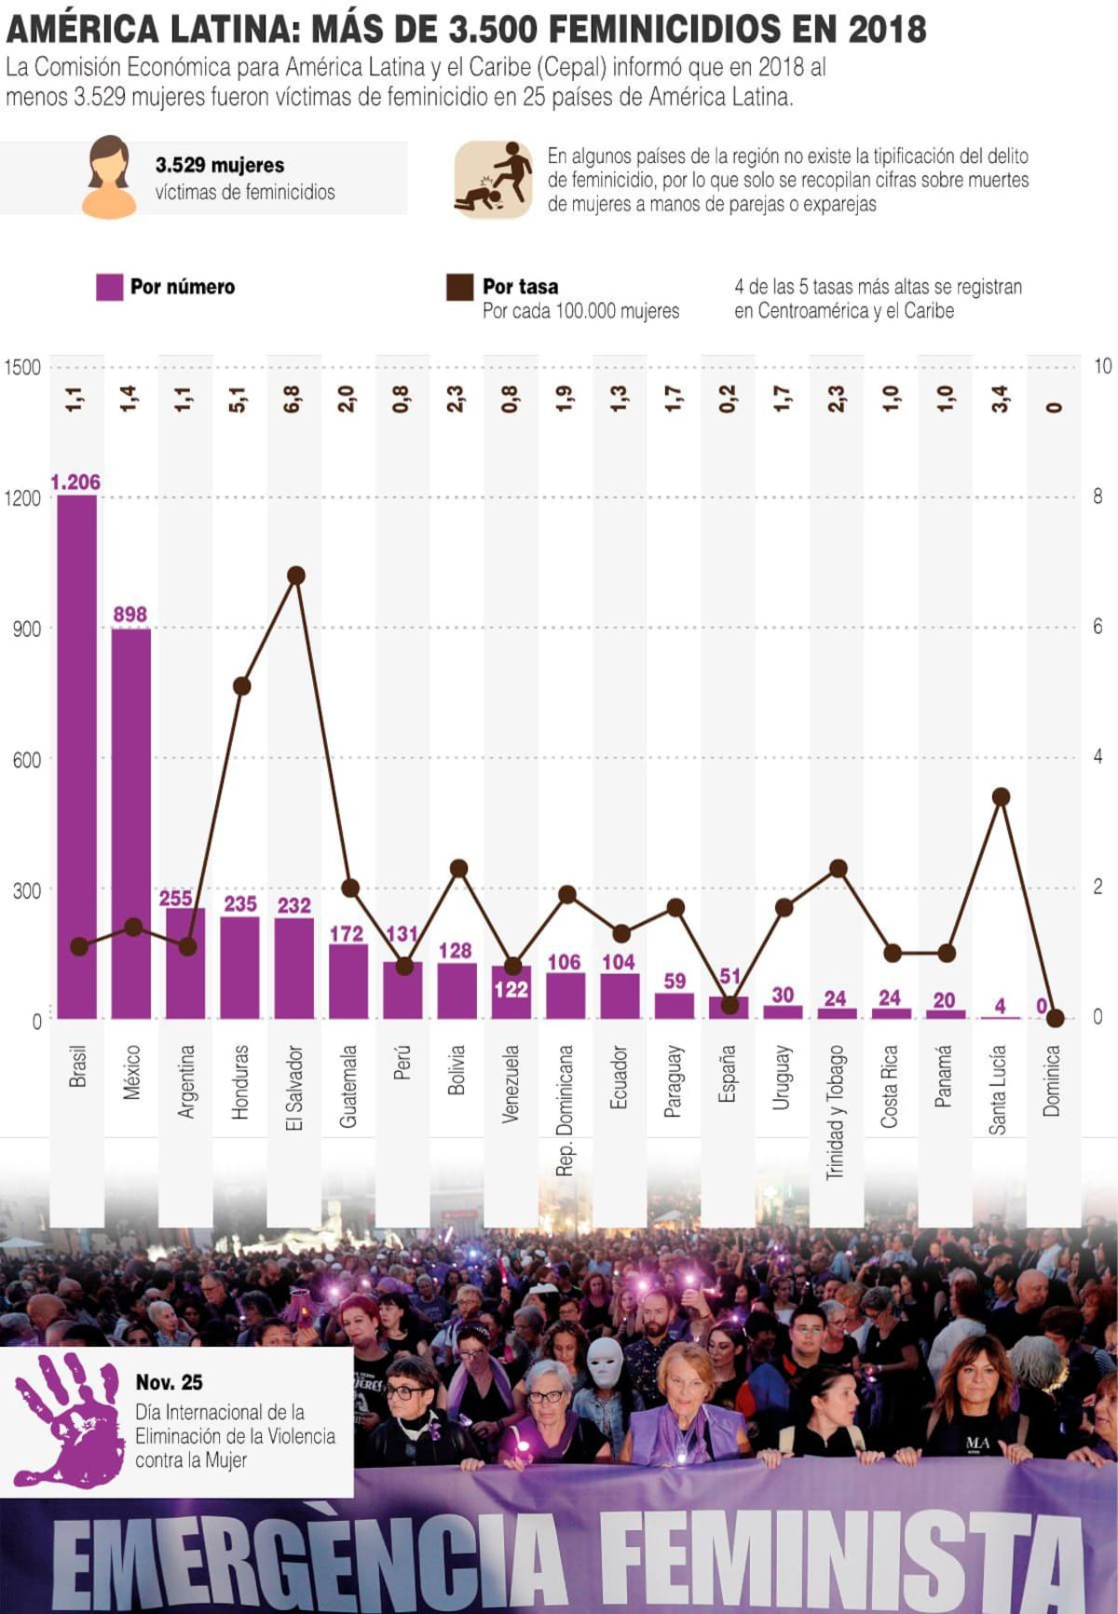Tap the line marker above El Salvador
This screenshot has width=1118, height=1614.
pyautogui.click(x=296, y=576)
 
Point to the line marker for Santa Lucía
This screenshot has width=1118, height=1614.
pyautogui.click(x=1001, y=796)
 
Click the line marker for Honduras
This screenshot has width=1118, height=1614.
pyautogui.click(x=241, y=686)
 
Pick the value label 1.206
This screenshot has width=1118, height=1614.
pyautogui.click(x=75, y=481)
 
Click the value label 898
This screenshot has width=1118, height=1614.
pyautogui.click(x=130, y=614)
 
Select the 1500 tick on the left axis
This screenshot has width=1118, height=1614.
pyautogui.click(x=22, y=367)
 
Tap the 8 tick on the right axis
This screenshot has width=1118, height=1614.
pyautogui.click(x=1098, y=496)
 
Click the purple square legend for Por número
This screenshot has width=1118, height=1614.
pyautogui.click(x=110, y=287)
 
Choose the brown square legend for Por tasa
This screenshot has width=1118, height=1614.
pyautogui.click(x=459, y=287)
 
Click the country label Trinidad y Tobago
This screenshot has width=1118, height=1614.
pyautogui.click(x=836, y=1112)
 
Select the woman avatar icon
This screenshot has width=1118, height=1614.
pyautogui.click(x=110, y=177)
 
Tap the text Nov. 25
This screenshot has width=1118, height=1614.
pyautogui.click(x=169, y=1382)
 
